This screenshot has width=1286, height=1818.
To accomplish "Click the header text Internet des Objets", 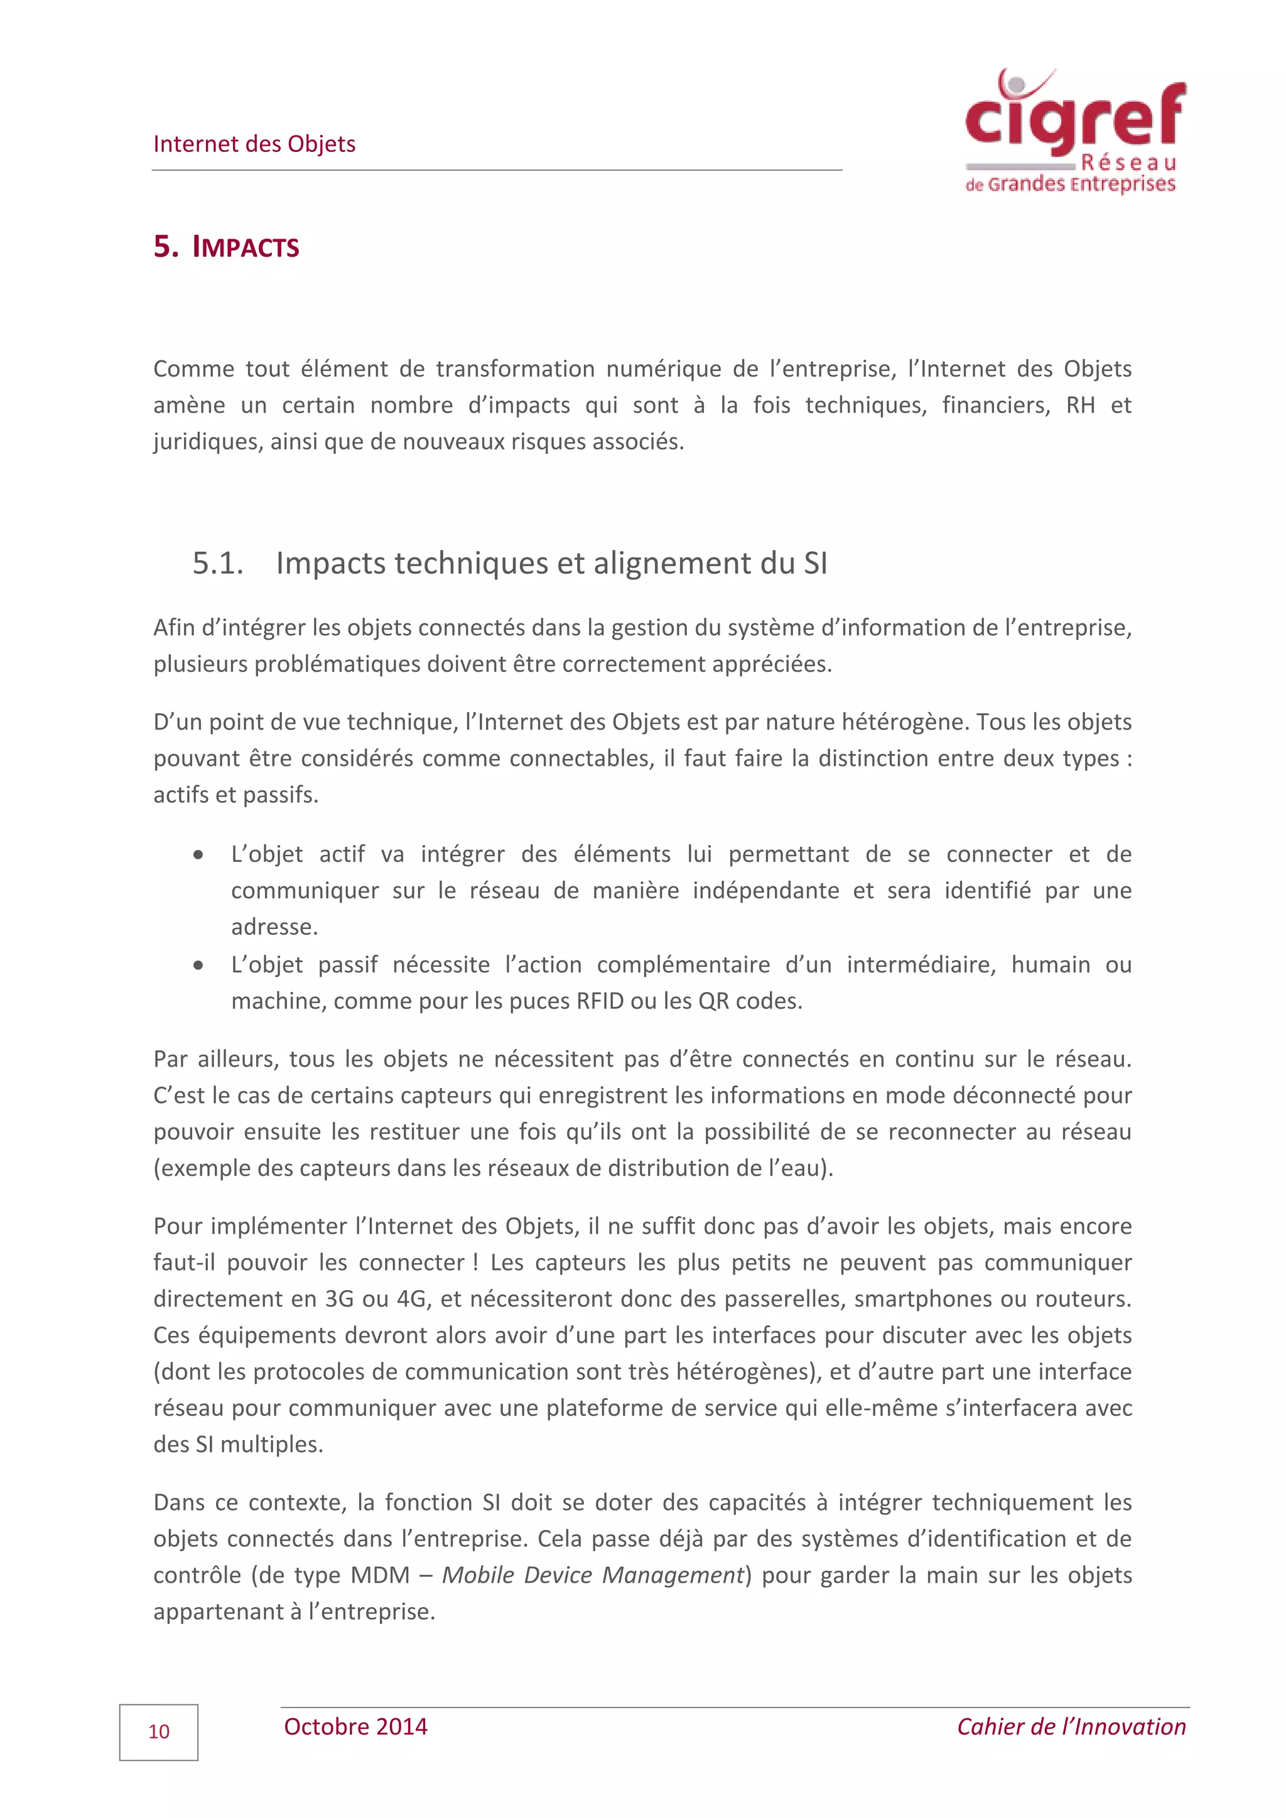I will pyautogui.click(x=254, y=144).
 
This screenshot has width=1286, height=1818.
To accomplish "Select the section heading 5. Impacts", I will pyautogui.click(x=227, y=247).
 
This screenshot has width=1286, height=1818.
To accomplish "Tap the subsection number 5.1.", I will pyautogui.click(x=218, y=564).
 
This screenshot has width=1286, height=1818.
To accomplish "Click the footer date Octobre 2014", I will pyautogui.click(x=355, y=1727).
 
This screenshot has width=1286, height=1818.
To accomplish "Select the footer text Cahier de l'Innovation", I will pyautogui.click(x=1071, y=1727).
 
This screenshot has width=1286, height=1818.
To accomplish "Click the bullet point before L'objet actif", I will pyautogui.click(x=198, y=855).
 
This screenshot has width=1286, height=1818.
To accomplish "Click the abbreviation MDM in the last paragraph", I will pyautogui.click(x=380, y=1575).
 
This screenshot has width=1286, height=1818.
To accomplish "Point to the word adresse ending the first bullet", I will pyautogui.click(x=274, y=927).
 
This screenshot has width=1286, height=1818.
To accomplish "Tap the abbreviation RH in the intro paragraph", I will pyautogui.click(x=1080, y=406).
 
